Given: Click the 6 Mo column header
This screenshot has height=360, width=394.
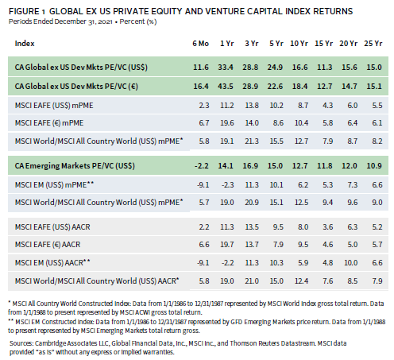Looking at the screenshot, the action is point(200,44).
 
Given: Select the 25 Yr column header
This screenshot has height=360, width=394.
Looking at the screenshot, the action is point(373,44).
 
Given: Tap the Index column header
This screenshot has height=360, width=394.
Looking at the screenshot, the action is point(25,44).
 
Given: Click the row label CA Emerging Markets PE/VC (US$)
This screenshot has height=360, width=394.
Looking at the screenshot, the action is point(75,166).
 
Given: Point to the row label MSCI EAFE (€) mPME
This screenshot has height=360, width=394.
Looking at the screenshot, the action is point(49,123).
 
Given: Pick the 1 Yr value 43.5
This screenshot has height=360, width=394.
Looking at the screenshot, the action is point(226,87).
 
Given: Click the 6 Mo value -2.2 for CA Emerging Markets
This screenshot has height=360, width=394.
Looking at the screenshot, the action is point(202,166).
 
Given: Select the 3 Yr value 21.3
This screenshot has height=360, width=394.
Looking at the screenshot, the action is point(252,141).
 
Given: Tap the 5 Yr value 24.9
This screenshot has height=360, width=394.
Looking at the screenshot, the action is point(275,68).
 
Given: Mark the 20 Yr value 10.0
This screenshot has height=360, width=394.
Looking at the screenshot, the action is point(350,263).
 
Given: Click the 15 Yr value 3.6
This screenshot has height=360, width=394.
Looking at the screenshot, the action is point(327,227).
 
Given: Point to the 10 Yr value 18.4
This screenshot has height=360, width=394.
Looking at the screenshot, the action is point(299,87).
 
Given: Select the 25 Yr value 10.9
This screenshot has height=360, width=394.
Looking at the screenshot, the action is point(374,166).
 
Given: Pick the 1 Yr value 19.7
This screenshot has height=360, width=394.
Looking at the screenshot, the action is point(227,244).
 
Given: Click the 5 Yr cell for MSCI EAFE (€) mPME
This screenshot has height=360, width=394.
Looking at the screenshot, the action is point(278,123).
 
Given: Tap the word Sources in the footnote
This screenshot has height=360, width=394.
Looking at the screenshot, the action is point(21,343).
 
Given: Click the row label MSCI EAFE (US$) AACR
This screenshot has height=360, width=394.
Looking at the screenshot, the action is point(52,227).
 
